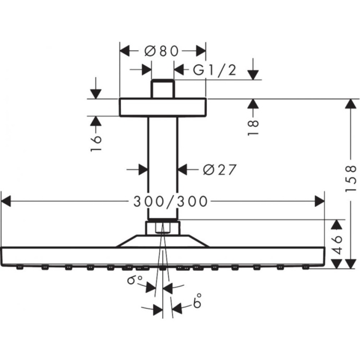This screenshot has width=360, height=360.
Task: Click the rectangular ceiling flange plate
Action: click(x=163, y=107)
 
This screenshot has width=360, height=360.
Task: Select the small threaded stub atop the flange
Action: click(x=163, y=89)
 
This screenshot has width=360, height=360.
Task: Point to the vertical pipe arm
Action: click(x=163, y=167)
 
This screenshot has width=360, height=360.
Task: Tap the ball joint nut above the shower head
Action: click(x=163, y=227)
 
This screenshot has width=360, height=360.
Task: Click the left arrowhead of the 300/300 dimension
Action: click(x=6, y=200)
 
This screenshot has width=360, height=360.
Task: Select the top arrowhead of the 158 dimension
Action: click(x=346, y=104)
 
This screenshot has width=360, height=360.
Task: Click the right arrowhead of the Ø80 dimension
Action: click(x=201, y=51)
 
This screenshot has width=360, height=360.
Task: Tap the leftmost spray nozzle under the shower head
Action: click(x=19, y=268)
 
